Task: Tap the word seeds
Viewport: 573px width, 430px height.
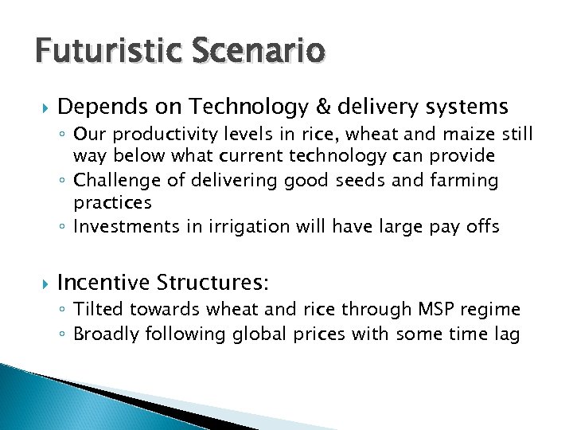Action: (376, 181)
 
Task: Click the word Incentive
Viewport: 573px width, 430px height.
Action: (103, 282)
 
